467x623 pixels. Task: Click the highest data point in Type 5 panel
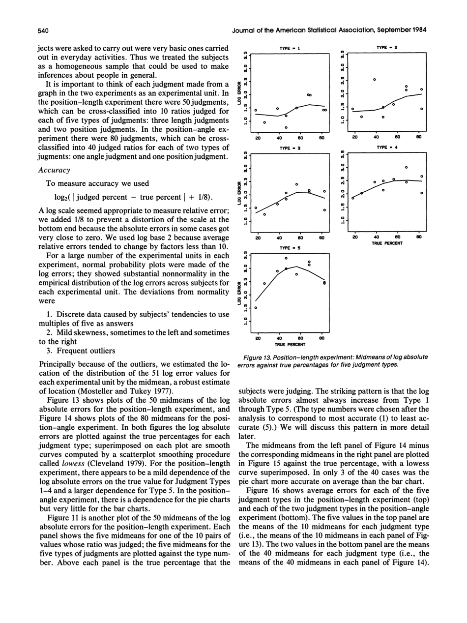286,257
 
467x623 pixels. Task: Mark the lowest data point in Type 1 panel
286,128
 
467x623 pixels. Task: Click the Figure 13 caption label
260,356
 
